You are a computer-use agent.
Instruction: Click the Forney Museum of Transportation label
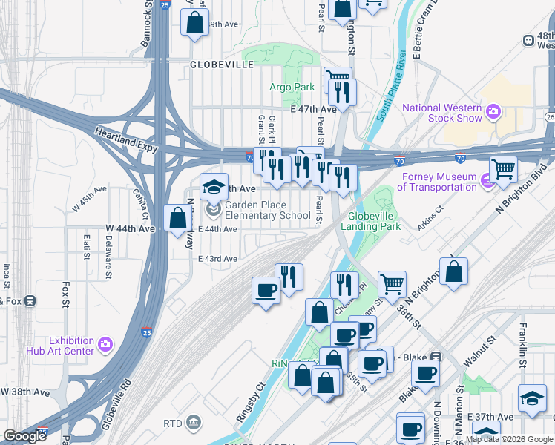point(438,182)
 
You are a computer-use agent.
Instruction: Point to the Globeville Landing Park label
point(374,222)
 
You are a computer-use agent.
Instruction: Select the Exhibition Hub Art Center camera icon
point(105,344)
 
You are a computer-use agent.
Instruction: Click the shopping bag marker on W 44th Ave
point(177,220)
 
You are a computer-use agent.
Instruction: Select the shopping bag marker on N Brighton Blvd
point(455,271)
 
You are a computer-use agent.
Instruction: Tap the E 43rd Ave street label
point(217,258)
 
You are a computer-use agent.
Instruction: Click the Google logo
point(25,436)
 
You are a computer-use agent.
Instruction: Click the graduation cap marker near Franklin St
point(532,399)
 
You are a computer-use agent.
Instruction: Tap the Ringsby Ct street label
point(251,401)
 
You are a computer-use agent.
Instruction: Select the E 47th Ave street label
point(314,109)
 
